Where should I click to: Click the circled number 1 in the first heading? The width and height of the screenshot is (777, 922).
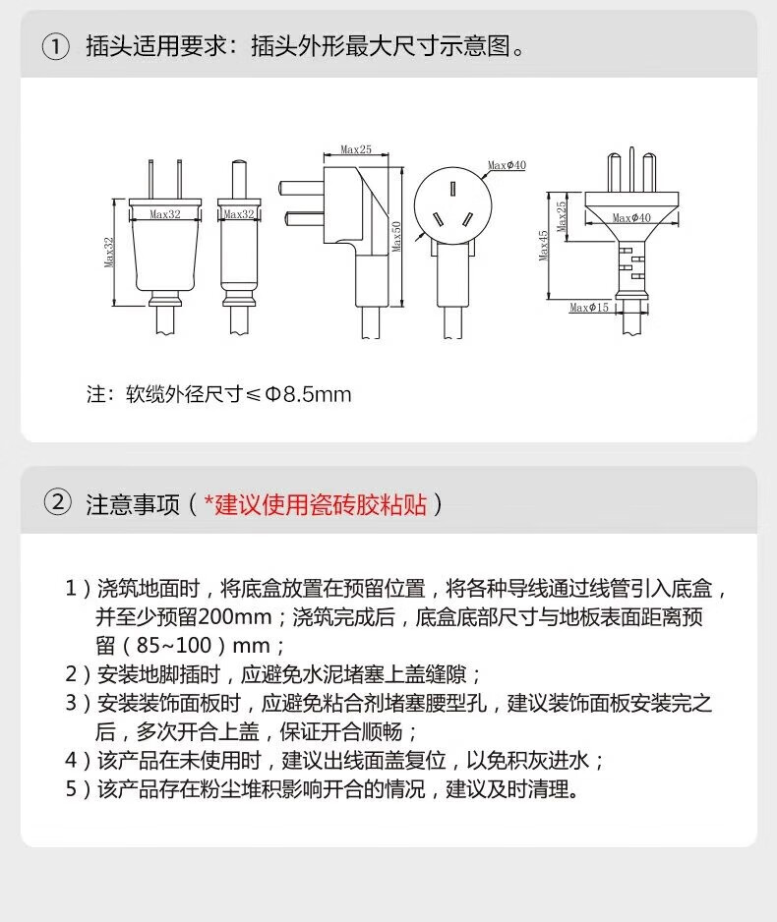click(x=56, y=46)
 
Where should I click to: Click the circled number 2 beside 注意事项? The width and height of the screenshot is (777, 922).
click(x=58, y=503)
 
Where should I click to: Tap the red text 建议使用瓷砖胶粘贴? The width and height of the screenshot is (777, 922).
click(x=315, y=504)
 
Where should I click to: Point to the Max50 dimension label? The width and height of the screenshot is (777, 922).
click(x=396, y=236)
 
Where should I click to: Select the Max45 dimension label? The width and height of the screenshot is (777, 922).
click(x=544, y=245)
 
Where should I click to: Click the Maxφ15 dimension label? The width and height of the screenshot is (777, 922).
click(x=589, y=308)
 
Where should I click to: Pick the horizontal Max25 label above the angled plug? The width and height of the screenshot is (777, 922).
click(x=356, y=150)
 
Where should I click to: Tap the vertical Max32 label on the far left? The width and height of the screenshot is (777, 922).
click(x=109, y=253)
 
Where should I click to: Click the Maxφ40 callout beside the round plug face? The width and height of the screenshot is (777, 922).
click(x=508, y=165)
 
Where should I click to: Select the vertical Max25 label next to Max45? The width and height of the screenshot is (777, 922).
click(x=562, y=216)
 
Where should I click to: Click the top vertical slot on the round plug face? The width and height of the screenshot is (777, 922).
click(x=452, y=189)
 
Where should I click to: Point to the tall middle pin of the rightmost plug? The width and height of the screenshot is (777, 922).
click(x=631, y=169)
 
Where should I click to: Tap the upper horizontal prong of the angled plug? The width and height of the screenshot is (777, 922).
click(x=302, y=188)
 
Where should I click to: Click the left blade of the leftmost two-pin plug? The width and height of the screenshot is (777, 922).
click(x=151, y=179)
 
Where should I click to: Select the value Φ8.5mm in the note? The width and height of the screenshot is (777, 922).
click(x=308, y=394)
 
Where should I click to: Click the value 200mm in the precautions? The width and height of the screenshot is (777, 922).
click(x=235, y=617)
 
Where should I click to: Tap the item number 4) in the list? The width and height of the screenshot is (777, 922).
click(x=78, y=760)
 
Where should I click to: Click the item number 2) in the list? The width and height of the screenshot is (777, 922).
click(x=78, y=674)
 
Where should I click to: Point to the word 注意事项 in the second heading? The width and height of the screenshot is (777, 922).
click(x=133, y=504)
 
